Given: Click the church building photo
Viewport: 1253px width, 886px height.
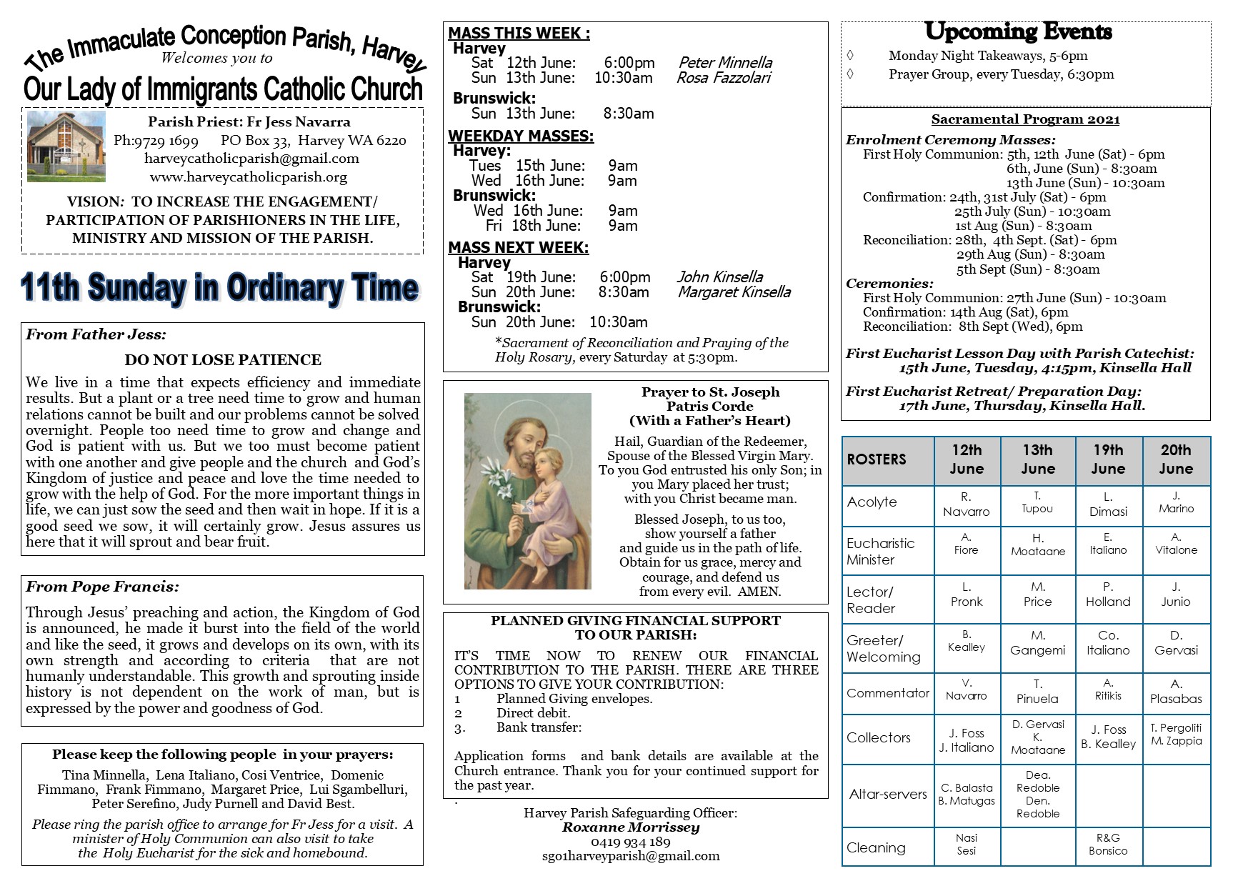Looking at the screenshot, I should (66, 146).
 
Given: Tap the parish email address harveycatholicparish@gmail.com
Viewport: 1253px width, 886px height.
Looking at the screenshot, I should (251, 159).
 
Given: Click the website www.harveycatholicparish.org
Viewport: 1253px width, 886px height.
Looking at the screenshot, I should (249, 176).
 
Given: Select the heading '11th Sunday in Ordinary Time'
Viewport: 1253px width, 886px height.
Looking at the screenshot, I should (219, 288).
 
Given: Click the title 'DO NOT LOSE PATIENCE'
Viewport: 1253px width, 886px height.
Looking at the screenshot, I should (223, 359).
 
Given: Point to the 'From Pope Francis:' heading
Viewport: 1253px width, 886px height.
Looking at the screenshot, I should (102, 587).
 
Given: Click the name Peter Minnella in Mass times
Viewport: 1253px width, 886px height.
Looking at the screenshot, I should (724, 63).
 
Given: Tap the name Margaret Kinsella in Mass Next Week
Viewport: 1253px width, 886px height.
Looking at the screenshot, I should (734, 292).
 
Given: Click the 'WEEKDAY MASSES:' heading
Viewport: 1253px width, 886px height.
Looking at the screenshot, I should (521, 136).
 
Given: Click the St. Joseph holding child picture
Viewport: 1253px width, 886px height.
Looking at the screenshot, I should (527, 491).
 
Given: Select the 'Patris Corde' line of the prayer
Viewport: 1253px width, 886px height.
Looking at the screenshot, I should (709, 406).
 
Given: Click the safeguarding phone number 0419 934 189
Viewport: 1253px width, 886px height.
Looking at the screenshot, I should (630, 842).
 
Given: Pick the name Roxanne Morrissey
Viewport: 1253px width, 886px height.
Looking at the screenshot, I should (630, 827).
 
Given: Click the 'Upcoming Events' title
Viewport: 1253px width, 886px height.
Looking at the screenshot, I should (1018, 32).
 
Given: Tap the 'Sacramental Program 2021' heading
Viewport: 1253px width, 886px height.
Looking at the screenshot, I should (1025, 119).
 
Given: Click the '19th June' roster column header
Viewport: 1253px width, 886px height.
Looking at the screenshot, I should (1108, 459).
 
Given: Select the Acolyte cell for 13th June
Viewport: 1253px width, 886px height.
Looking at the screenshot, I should (1037, 502).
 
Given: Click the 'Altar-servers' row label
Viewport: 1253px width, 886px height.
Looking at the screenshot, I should (887, 794).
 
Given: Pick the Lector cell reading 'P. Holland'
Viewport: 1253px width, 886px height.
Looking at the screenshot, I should (1108, 594).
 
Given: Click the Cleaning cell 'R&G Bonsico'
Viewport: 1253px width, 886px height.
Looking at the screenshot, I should (1108, 844).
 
